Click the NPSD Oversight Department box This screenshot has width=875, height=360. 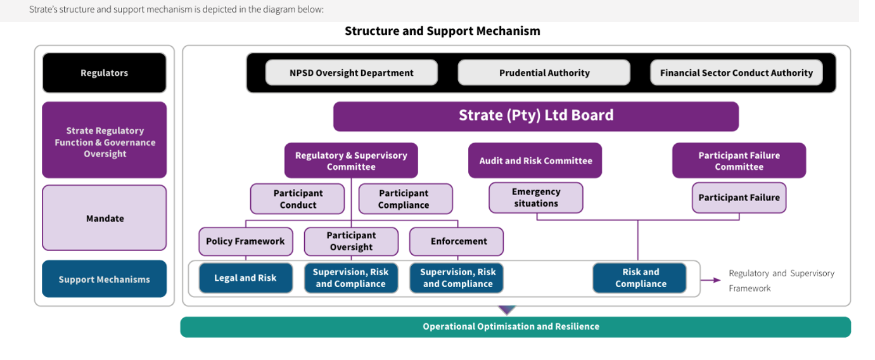click(x=351, y=72)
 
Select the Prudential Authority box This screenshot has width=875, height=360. click(x=544, y=72)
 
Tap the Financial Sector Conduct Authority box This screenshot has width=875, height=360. click(x=736, y=72)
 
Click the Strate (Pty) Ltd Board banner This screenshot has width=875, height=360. click(x=536, y=117)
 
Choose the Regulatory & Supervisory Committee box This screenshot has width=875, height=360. click(x=351, y=160)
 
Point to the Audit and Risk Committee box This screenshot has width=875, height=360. click(x=535, y=160)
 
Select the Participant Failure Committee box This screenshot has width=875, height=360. click(x=739, y=160)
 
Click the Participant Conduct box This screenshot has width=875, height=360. click(x=298, y=199)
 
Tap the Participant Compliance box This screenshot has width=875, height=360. click(x=406, y=199)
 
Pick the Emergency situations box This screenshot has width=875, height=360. click(x=536, y=198)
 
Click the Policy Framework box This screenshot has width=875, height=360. click(x=246, y=241)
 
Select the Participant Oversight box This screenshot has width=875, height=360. click(x=351, y=241)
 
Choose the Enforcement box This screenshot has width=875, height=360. click(x=457, y=241)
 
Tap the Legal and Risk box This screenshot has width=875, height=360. click(x=246, y=278)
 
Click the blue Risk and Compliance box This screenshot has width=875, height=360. click(x=639, y=278)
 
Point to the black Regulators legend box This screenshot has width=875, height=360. click(x=105, y=73)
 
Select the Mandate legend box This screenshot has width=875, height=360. click(x=105, y=218)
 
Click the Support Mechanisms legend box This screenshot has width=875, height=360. click(x=105, y=279)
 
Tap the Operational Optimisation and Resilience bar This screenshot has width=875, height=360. click(x=516, y=327)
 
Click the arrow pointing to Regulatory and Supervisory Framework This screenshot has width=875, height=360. click(x=710, y=280)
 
